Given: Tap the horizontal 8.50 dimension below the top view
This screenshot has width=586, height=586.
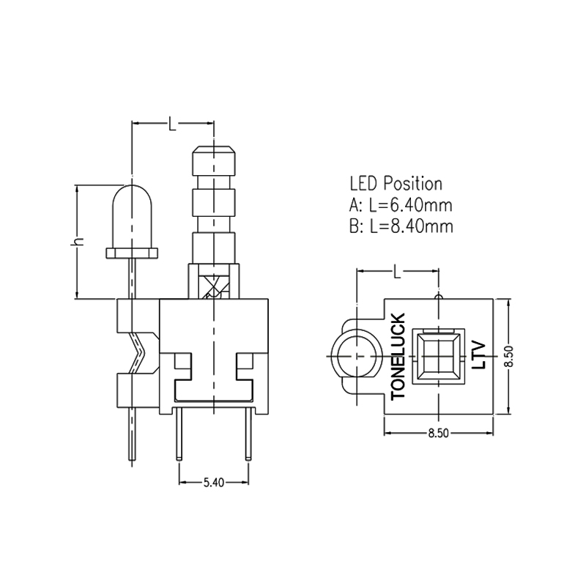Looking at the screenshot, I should tap(437, 433).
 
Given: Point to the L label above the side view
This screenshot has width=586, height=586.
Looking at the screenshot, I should tap(172, 125).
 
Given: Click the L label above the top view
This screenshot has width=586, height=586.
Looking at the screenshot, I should tap(396, 272).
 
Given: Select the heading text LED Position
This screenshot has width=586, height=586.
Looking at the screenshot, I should tap(396, 183).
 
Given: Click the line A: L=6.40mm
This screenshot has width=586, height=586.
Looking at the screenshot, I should tap(401, 204).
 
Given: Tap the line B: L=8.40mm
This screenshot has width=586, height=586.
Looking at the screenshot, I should tap(401, 226).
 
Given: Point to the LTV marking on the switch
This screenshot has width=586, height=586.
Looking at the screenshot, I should tap(480, 353).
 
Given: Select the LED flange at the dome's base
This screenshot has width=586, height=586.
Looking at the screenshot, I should tap(133, 253).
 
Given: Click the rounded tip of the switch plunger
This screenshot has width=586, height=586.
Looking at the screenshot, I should tap(213, 154).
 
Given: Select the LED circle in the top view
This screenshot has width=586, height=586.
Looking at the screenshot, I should tap(355, 355).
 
